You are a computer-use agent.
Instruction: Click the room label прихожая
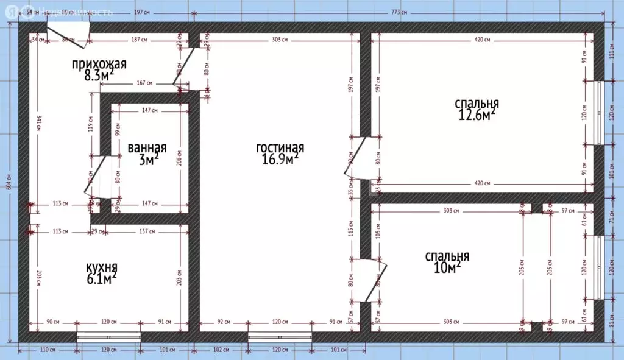pos(99,64)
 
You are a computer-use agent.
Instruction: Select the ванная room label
pos(147,148)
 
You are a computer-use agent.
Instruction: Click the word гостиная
pos(280,148)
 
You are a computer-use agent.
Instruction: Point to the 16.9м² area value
pos(279,160)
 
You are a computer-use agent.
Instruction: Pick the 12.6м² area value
pos(476,114)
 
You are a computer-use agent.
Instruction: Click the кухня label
pos(101,267)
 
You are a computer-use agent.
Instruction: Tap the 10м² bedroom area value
pos(447,268)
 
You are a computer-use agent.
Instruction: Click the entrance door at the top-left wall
pos(68,35)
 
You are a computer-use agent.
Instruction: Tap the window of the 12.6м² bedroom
pos(600,114)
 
